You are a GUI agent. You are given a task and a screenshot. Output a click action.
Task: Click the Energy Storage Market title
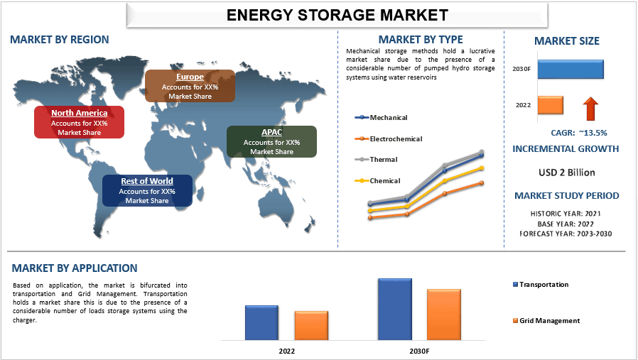[337, 14]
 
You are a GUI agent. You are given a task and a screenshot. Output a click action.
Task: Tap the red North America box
[80, 122]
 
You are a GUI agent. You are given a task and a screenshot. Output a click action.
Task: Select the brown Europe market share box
[190, 86]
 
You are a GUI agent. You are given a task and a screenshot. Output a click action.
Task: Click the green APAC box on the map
[271, 142]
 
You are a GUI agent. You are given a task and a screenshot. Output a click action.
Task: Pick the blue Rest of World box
[147, 190]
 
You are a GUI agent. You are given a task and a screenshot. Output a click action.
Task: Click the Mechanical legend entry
[388, 117]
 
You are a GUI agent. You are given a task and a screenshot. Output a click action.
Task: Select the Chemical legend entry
[384, 181]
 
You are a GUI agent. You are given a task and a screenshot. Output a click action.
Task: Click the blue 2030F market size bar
[571, 69]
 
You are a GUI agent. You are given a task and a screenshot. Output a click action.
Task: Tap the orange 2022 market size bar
[551, 105]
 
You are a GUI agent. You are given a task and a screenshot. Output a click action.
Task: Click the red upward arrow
[590, 109]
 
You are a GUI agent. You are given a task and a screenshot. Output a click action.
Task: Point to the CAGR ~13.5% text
[578, 133]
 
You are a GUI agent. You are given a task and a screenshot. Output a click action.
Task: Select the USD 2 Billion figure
[567, 173]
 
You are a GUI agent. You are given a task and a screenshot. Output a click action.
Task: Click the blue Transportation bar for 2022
[261, 322]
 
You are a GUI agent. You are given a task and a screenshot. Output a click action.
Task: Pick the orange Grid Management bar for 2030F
[444, 314]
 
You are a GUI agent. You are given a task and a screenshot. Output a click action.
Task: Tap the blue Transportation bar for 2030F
[395, 308]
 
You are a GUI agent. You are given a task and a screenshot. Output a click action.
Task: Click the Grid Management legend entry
[549, 321]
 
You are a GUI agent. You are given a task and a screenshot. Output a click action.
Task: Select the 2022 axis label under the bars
[287, 351]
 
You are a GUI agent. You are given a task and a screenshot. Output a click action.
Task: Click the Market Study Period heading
[566, 196]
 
